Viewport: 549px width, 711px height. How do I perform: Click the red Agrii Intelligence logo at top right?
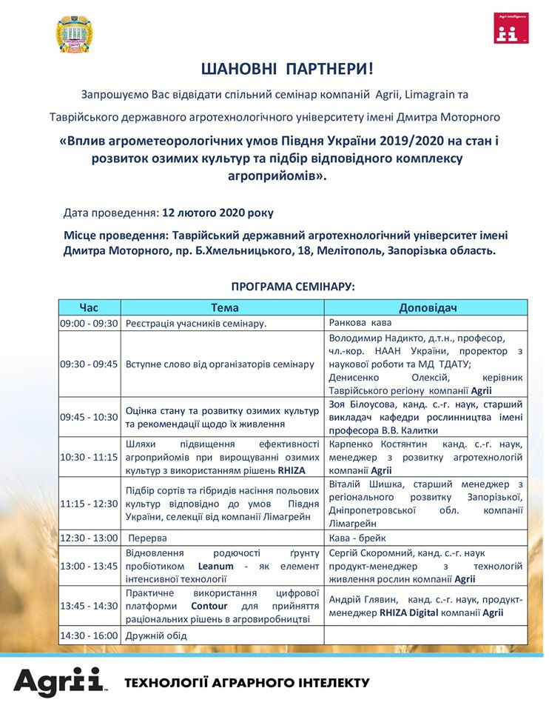tap(511, 27)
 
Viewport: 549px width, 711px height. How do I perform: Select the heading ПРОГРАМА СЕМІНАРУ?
tap(293, 286)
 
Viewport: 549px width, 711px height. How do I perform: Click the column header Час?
tap(89, 307)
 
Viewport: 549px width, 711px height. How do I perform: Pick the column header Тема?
tap(224, 307)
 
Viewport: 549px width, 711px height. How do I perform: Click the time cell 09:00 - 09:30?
tap(89, 323)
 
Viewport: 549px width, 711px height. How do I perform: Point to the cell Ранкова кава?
tap(360, 323)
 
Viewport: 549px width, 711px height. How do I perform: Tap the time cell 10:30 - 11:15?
tap(89, 458)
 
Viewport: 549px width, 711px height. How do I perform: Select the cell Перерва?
tap(147, 538)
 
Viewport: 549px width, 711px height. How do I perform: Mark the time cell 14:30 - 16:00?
tap(89, 635)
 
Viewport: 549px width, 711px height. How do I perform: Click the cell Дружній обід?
tap(156, 635)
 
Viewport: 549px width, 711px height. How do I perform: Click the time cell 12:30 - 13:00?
tap(89, 538)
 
